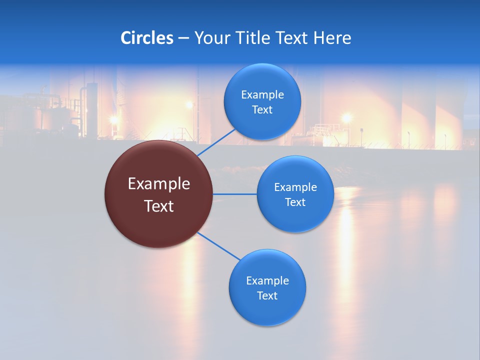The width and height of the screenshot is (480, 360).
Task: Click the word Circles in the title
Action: tap(146, 37)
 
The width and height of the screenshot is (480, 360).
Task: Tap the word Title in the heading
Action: tap(252, 37)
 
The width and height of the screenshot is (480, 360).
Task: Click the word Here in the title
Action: tap(332, 37)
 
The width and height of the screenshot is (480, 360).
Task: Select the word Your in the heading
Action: tap(211, 38)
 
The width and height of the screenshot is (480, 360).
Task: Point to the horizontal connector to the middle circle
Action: tap(235, 193)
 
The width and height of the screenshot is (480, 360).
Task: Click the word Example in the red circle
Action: tap(159, 184)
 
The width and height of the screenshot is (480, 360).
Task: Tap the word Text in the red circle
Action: tap(159, 205)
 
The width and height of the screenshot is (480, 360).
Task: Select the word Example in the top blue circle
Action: tap(262, 94)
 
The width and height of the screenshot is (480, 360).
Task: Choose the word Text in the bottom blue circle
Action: tap(267, 295)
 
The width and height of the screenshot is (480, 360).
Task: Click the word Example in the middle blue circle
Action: tap(295, 187)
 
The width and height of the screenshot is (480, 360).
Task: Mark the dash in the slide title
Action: tap(183, 38)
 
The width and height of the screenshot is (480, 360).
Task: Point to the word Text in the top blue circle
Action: tap(262, 109)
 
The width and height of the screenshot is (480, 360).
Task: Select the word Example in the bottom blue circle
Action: tap(267, 280)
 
